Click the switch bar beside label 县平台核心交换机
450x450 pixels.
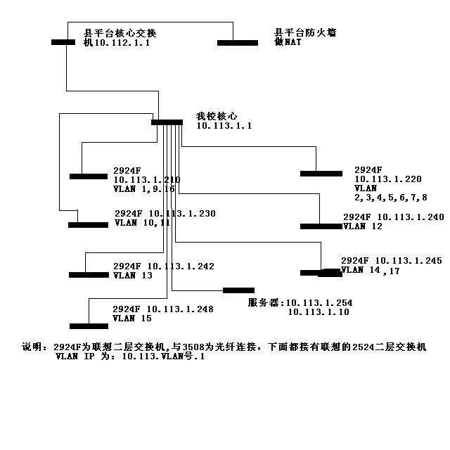pos(63,41)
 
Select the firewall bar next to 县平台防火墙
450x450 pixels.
pos(237,43)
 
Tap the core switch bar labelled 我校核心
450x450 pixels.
pos(167,122)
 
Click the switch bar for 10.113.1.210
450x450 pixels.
pos(88,176)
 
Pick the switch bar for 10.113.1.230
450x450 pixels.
pos(88,225)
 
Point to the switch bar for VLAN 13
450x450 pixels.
pos(88,275)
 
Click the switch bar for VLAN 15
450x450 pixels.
pos(89,326)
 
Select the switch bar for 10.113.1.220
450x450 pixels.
pos(321,174)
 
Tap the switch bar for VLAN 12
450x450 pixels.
pos(321,226)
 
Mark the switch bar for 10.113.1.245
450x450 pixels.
pos(321,273)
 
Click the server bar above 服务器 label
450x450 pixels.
pos(238,290)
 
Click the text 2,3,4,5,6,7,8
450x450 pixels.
pos(390,198)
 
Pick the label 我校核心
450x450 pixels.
pos(217,115)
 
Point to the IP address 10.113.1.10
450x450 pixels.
pos(319,312)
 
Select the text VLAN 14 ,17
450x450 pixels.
pos(370,271)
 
